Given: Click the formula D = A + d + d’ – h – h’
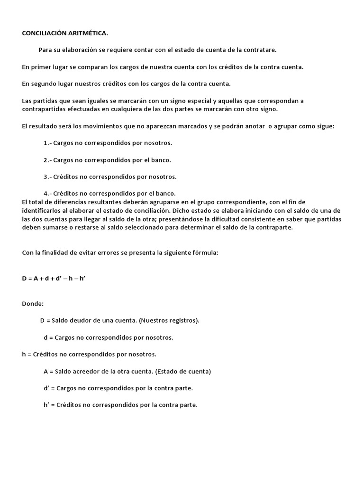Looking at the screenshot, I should pyautogui.click(x=54, y=278).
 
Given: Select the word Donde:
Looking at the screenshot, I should pyautogui.click(x=33, y=303).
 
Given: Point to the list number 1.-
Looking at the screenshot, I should pyautogui.click(x=47, y=142).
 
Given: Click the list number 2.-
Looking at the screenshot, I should pyautogui.click(x=47, y=160).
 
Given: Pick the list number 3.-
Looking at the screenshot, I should pyautogui.click(x=47, y=177).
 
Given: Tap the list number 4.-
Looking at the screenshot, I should pyautogui.click(x=47, y=193).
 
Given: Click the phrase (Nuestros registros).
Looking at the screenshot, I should pyautogui.click(x=169, y=320).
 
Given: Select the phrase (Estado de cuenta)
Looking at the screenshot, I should pyautogui.click(x=181, y=371).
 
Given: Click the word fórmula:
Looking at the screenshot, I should pyautogui.click(x=205, y=253).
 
